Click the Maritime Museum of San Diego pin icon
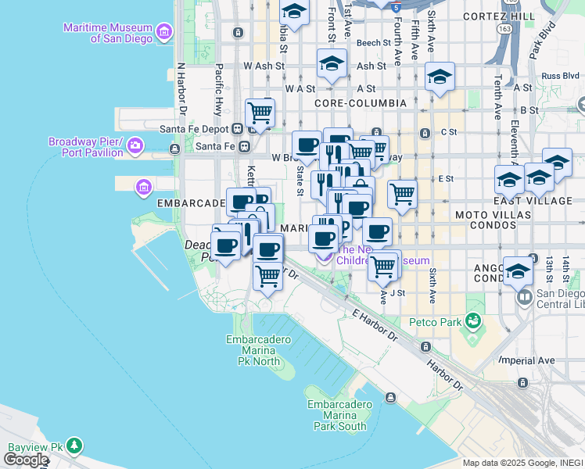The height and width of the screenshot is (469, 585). (x=164, y=31)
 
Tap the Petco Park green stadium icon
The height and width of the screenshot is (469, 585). (x=472, y=320)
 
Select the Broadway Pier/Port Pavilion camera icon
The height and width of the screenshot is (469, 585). (x=136, y=146)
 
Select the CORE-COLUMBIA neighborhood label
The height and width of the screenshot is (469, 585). (x=361, y=103)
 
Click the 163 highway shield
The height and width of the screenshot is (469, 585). (x=504, y=28)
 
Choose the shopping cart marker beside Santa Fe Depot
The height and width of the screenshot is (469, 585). (x=260, y=113)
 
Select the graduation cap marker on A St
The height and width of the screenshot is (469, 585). (x=440, y=77)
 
